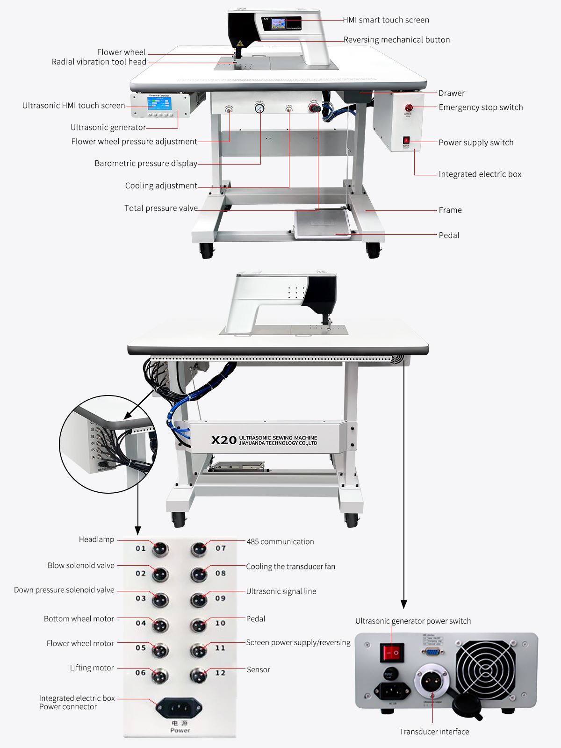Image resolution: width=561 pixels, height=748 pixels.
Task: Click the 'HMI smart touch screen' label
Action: tap(386, 20)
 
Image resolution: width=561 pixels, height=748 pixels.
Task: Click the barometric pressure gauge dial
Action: tap(259, 108)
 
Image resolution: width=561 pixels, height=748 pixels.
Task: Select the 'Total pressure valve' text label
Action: tap(161, 208)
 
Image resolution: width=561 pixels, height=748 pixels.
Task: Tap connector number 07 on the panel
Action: tap(199, 548)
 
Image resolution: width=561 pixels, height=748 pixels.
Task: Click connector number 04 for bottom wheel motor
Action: tap(160, 624)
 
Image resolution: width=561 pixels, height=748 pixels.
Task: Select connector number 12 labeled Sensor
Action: tap(199, 674)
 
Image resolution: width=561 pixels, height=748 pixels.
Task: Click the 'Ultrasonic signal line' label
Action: tap(281, 591)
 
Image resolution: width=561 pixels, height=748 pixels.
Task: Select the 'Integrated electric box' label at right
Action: tap(480, 174)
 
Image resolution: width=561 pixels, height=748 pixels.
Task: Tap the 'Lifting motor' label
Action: tap(92, 668)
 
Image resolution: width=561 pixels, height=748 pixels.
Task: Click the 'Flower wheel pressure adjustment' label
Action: tap(134, 142)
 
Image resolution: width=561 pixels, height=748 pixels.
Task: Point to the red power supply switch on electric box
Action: tap(406, 140)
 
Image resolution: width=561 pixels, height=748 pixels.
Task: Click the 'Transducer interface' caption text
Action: tap(434, 732)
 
